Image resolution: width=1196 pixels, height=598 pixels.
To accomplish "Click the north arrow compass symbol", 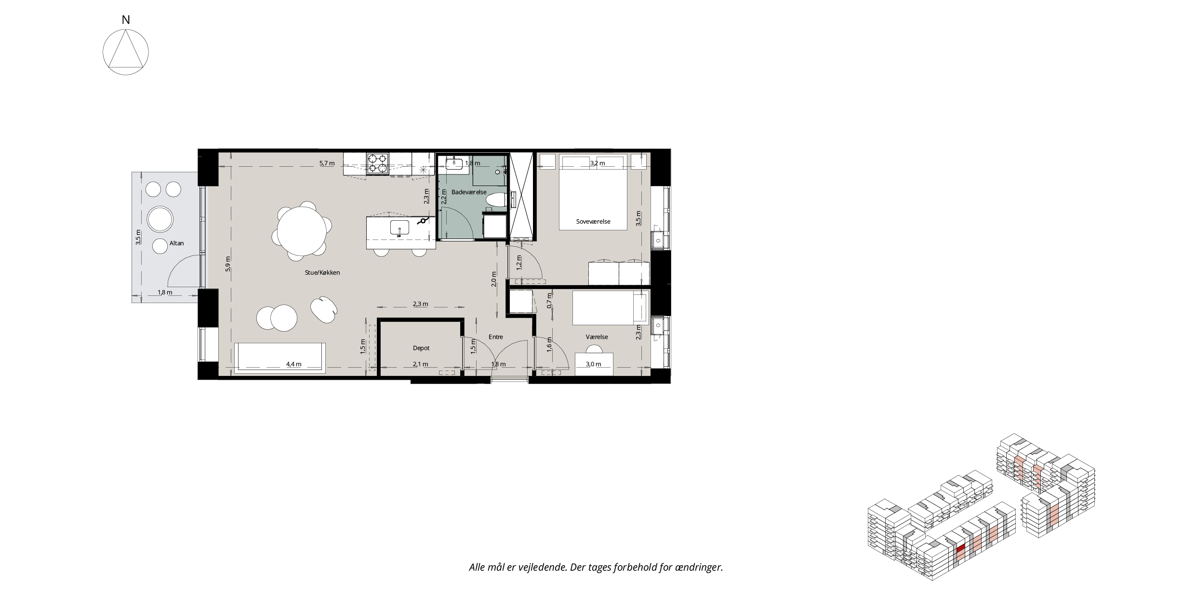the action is pos(126,52).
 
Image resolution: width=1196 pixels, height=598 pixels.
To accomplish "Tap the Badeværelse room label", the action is pos(469,192).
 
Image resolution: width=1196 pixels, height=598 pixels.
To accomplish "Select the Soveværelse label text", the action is pos(593,222).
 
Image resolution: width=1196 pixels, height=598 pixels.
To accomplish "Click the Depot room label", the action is pos(421,348).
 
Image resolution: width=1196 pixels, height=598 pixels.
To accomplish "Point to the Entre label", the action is pos(496,337).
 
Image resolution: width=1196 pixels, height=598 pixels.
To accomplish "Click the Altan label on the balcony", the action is pos(176,243).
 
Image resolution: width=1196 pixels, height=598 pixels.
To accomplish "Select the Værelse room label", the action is pos(597,337).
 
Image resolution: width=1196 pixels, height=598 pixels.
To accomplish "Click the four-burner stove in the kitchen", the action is pos(377,163).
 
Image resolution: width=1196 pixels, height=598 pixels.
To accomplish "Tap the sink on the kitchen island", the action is pos(399,227).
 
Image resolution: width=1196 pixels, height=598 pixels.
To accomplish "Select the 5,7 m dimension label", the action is pos(327,163).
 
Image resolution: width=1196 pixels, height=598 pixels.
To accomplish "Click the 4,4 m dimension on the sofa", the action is pos(293,364).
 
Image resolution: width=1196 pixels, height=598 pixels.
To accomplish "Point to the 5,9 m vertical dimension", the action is pos(228,264).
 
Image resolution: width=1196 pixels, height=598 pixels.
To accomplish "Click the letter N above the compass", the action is pos(126,20).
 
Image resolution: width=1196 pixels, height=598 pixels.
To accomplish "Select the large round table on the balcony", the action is pos(160,219).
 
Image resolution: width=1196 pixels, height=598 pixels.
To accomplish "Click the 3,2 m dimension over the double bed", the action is pos(598,163).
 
